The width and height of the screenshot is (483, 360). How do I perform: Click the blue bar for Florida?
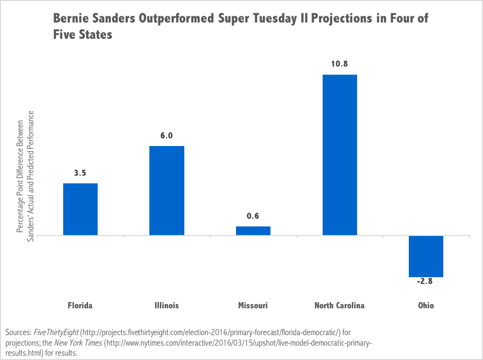(x=80, y=209)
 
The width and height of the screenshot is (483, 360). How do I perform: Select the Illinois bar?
(x=167, y=191)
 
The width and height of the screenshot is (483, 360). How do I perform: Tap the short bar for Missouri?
(x=253, y=231)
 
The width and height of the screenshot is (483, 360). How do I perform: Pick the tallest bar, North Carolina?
(x=339, y=155)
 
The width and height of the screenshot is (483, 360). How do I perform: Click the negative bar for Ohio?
(x=426, y=256)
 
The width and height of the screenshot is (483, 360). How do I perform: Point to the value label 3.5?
(x=80, y=173)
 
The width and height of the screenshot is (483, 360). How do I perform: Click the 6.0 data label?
(x=167, y=136)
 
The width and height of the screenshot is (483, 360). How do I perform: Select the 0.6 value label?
(x=253, y=216)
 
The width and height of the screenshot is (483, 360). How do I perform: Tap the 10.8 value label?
(x=339, y=64)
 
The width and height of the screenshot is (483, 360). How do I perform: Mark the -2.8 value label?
(x=425, y=281)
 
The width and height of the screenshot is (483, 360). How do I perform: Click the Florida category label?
(x=80, y=305)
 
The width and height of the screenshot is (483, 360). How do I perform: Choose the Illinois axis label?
(x=167, y=305)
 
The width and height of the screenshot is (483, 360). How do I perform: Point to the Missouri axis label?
(x=253, y=305)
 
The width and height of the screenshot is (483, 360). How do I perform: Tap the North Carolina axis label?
(x=339, y=305)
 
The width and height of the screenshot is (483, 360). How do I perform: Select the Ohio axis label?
(x=425, y=305)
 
